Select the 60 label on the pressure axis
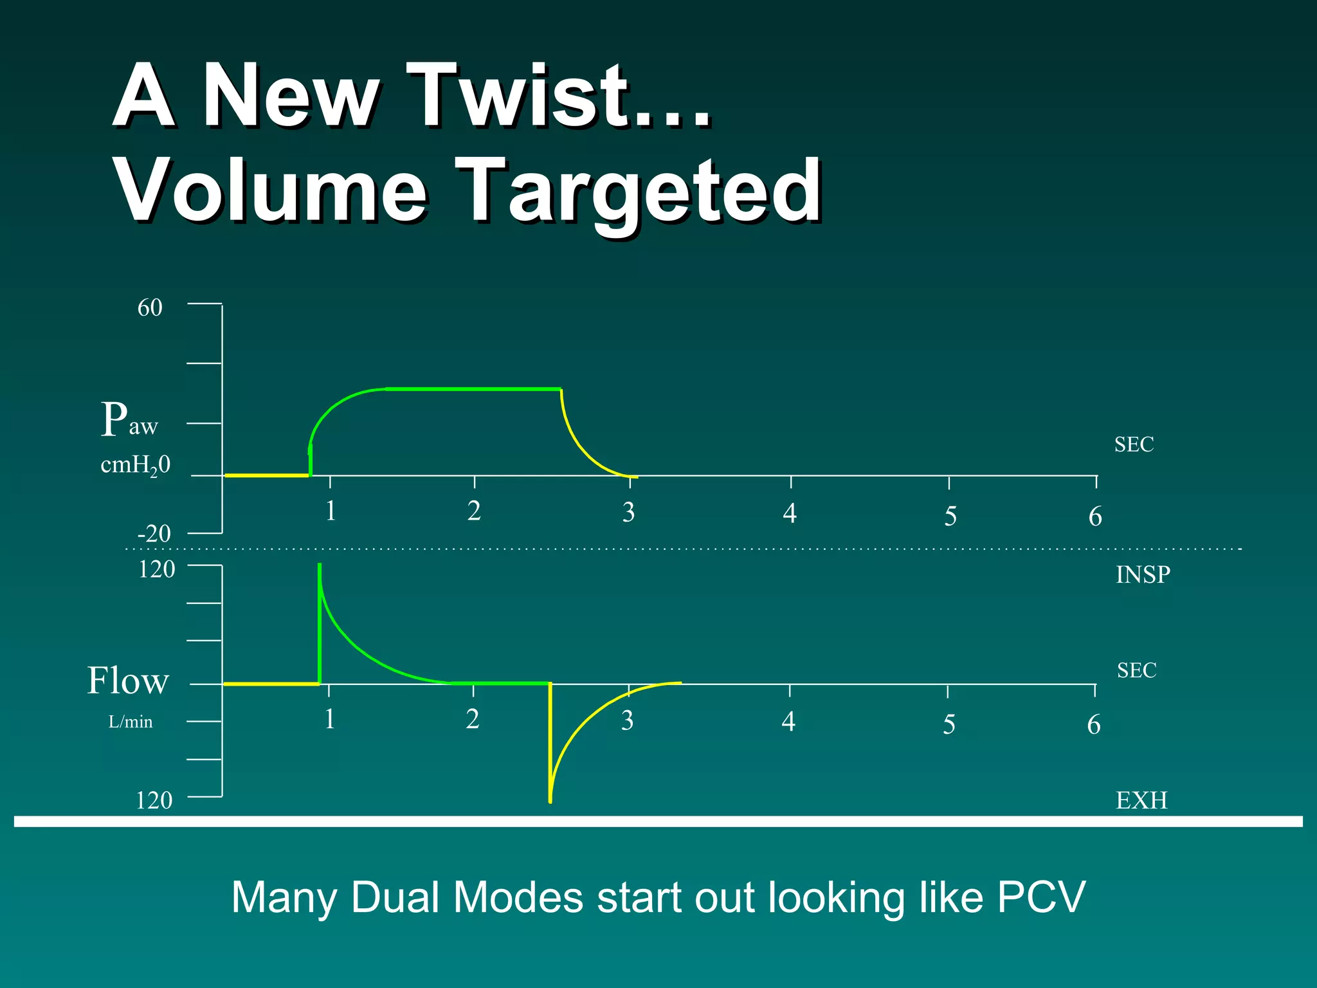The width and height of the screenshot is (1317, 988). pyautogui.click(x=150, y=307)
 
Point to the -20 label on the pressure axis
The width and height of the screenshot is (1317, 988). pyautogui.click(x=154, y=533)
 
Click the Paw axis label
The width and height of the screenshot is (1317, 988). pyautogui.click(x=129, y=420)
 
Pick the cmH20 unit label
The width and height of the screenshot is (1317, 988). pyautogui.click(x=136, y=465)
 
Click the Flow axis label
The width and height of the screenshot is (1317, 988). pyautogui.click(x=128, y=681)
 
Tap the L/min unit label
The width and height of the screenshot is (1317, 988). pyautogui.click(x=131, y=722)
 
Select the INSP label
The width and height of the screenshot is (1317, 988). pyautogui.click(x=1143, y=574)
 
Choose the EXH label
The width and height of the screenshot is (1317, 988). pyautogui.click(x=1141, y=800)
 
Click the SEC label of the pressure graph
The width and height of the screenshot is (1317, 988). pyautogui.click(x=1134, y=444)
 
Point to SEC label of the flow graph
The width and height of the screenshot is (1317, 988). pyautogui.click(x=1136, y=670)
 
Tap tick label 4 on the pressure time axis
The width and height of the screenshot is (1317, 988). pyautogui.click(x=790, y=513)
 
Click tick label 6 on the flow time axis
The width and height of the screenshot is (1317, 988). pyautogui.click(x=1094, y=725)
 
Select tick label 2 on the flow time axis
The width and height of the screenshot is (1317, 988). pyautogui.click(x=473, y=719)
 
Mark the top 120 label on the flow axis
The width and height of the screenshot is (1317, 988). pyautogui.click(x=156, y=569)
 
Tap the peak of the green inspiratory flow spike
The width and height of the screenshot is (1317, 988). pyautogui.click(x=320, y=565)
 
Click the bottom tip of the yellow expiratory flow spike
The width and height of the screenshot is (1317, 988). pyautogui.click(x=550, y=801)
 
